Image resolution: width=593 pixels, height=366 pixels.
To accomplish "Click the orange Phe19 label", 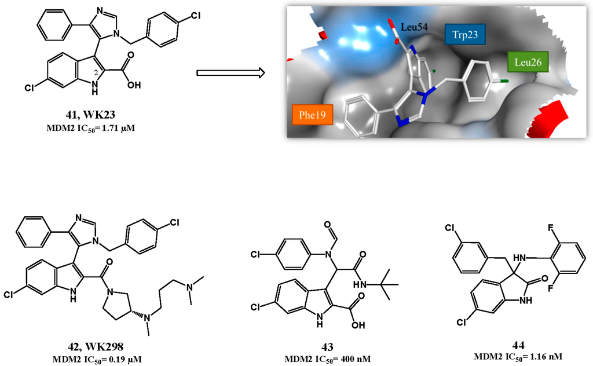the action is coord(312,115).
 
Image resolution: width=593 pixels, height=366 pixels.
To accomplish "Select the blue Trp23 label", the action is coord(465,35).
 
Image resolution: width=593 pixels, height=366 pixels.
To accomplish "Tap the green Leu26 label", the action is coord(528,62).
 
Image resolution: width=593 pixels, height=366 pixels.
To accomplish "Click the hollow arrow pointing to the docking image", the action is coord(230,72).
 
